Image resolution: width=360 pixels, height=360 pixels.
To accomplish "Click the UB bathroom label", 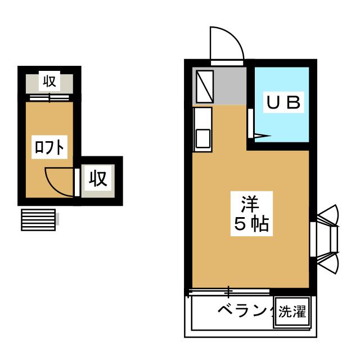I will click(x=285, y=103).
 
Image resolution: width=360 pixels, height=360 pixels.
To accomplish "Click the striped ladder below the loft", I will click(x=38, y=219).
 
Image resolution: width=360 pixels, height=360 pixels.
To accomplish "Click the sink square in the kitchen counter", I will click(x=202, y=139).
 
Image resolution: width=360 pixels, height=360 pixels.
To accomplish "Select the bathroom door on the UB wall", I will click(x=251, y=124).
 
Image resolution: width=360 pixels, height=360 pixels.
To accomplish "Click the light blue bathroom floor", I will click(x=281, y=127).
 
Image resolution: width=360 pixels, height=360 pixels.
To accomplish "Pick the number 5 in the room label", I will click(x=238, y=225).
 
